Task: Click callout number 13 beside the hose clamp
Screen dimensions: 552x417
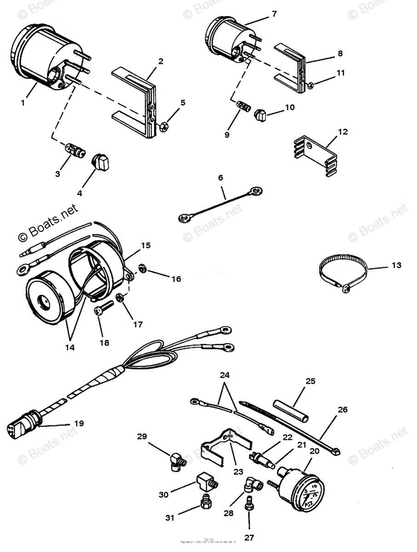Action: [396, 265]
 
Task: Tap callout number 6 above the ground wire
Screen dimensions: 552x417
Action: [220, 178]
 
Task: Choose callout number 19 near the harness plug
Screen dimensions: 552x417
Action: [79, 423]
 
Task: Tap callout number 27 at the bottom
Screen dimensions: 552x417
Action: [249, 537]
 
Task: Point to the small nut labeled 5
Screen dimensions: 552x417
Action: [164, 126]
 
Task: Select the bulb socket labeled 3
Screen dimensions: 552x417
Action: [74, 150]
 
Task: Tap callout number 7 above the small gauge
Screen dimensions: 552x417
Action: [274, 14]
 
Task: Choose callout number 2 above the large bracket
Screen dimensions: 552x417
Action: [161, 61]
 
